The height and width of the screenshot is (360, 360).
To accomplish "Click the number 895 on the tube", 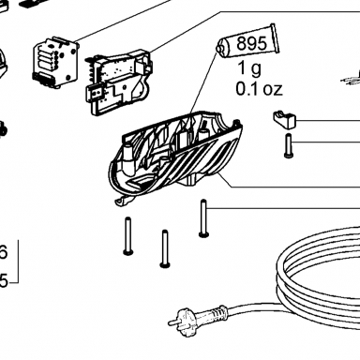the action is click(251, 43).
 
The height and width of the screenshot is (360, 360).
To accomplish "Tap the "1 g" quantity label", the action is click(249, 68).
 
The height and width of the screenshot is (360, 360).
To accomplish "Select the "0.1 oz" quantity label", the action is click(259, 89).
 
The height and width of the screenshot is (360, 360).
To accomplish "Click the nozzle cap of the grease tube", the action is click(220, 49).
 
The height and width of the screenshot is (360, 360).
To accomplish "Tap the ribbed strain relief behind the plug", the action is click(216, 312).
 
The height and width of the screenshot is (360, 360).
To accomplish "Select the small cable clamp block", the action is click(284, 120).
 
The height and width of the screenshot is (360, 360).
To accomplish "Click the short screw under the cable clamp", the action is click(288, 145).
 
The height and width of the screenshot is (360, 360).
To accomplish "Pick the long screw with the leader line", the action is click(203, 218).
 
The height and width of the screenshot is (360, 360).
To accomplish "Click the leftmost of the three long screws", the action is click(127, 236).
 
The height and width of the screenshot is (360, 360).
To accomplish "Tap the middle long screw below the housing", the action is click(165, 248).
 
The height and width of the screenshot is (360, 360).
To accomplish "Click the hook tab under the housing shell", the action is click(124, 202).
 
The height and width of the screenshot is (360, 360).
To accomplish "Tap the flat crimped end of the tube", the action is click(275, 38).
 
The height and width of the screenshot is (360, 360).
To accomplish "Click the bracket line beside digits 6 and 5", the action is click(18, 262).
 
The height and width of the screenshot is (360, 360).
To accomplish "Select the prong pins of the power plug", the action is click(172, 322).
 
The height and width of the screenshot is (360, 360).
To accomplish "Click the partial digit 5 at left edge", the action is click(3, 281).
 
